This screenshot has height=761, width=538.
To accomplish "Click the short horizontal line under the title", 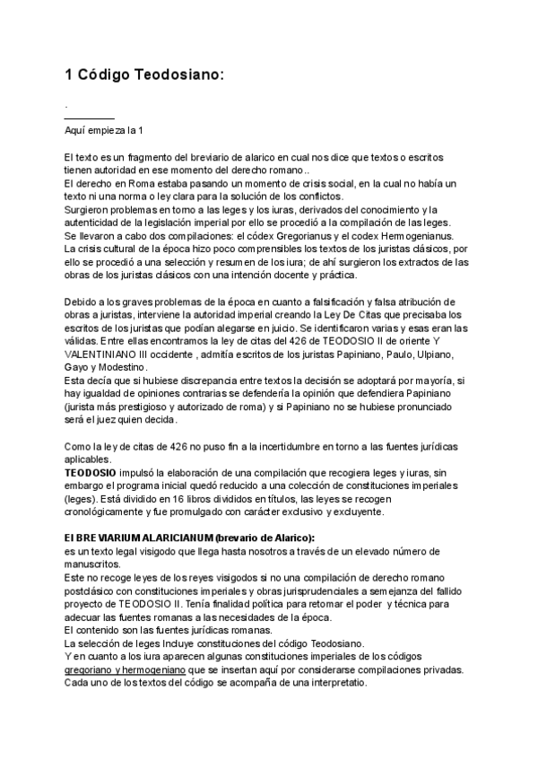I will point(90,118).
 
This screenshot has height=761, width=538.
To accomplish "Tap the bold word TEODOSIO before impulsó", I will point(90,473).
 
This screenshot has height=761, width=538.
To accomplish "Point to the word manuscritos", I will point(91,564).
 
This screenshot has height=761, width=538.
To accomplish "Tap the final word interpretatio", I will point(331,683).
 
